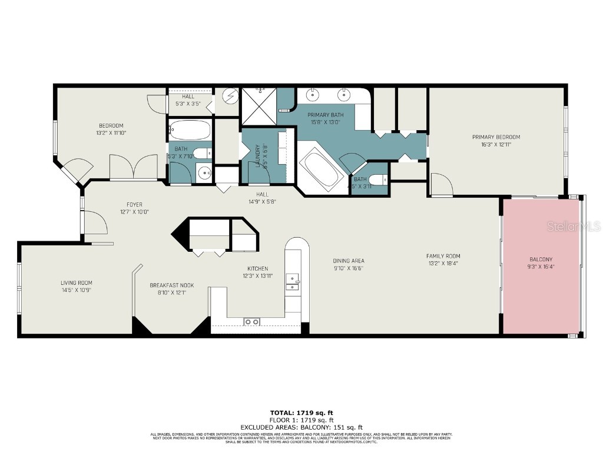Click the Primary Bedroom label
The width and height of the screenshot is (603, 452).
(x=496, y=137)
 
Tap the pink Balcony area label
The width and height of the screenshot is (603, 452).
(x=541, y=259)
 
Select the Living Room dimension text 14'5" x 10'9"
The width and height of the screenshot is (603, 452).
(x=77, y=290)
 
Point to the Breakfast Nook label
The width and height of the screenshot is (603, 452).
(x=171, y=285)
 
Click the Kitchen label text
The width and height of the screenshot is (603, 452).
(x=257, y=268)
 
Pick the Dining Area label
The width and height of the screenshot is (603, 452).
(x=349, y=261)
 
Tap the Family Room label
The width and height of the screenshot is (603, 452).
(x=443, y=256)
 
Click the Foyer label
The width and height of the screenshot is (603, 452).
(x=127, y=205)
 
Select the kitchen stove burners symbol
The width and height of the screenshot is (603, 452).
(x=252, y=321)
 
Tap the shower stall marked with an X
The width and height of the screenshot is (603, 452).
(x=258, y=106)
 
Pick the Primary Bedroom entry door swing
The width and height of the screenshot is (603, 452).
(x=440, y=185)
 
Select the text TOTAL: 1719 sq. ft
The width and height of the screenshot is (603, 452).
(x=301, y=413)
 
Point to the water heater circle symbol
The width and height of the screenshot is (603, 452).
(x=230, y=96)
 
